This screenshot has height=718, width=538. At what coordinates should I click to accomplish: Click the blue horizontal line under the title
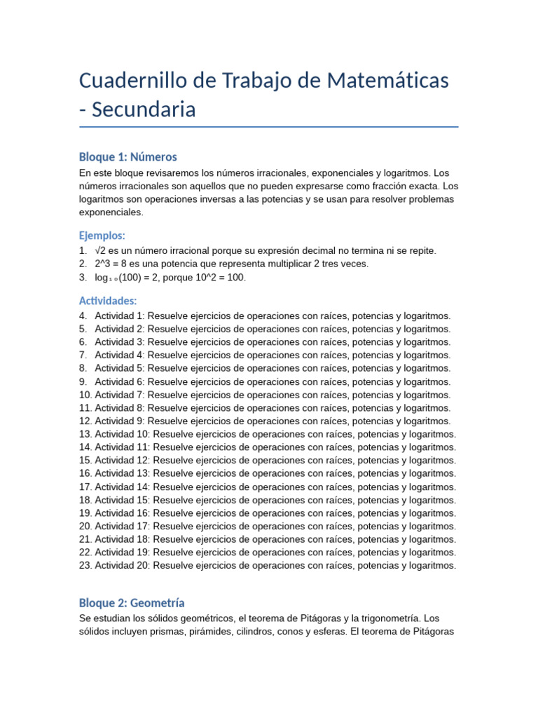[269, 127]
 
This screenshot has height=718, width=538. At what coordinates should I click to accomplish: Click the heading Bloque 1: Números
[128, 157]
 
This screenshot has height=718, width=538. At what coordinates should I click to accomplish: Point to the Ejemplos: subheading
[102, 236]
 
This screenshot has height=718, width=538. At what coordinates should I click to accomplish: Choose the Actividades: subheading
[108, 301]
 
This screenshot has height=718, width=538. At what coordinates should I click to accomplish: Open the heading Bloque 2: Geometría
[132, 603]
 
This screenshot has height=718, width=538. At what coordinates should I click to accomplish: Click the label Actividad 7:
[120, 395]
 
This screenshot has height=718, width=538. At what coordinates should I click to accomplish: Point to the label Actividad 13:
[123, 473]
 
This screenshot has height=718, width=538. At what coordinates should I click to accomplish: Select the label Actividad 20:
[123, 565]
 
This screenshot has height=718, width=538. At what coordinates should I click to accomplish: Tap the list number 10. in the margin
[85, 395]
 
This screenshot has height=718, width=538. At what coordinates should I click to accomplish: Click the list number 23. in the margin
[85, 565]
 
